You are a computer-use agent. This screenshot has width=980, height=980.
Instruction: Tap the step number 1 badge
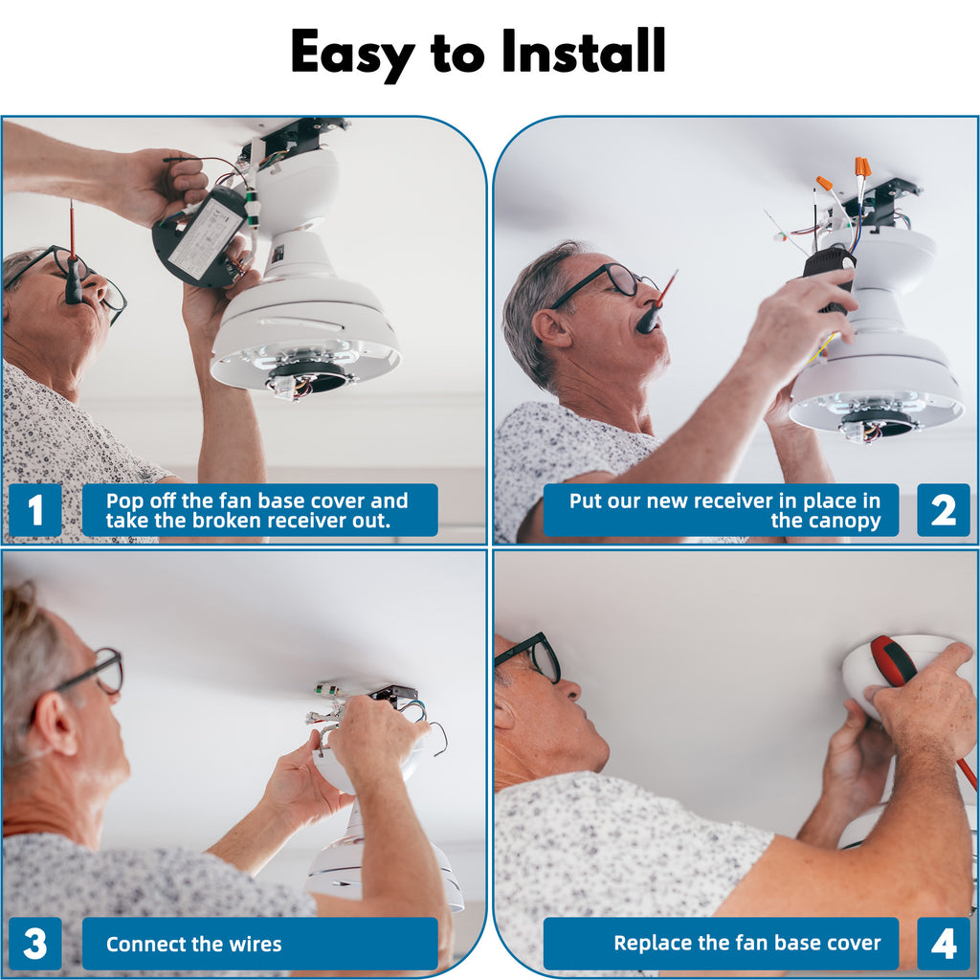tap(35, 510)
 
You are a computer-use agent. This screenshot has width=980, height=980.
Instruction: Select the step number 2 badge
tap(943, 510)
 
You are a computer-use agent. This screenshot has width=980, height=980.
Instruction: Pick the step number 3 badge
tap(35, 944)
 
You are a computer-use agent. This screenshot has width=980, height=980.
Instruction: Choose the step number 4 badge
tap(943, 944)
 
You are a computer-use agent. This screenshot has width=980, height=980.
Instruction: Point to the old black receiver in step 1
tap(199, 237)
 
